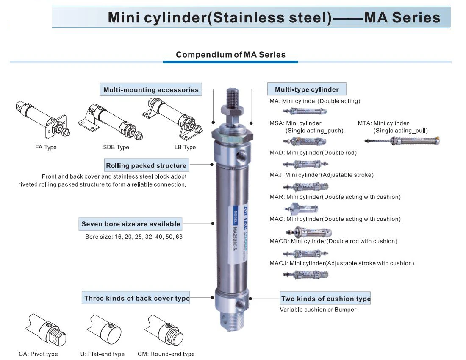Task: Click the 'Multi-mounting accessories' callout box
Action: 151,90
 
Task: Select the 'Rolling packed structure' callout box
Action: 146,165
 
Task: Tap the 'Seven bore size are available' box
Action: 130,224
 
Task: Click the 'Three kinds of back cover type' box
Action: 136,298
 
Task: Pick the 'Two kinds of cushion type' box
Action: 325,299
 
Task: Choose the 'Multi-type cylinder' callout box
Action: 307,89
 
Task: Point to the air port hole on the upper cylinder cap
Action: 242,152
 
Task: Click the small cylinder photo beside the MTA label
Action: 403,141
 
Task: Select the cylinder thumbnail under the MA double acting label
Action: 304,112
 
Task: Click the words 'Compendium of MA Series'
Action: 230,55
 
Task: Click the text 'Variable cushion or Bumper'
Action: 318,310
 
